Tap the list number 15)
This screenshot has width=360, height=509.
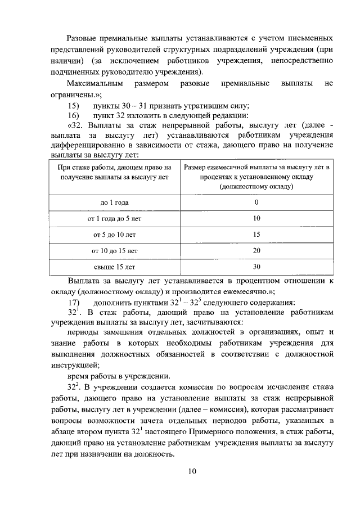(74, 106)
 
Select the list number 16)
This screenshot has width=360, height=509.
(74, 115)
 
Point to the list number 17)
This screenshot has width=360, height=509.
(74, 303)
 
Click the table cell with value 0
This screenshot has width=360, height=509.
(256, 202)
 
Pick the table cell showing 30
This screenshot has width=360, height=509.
(256, 266)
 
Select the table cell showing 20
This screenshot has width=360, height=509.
(256, 250)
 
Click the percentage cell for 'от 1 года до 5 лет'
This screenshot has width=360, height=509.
(256, 218)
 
